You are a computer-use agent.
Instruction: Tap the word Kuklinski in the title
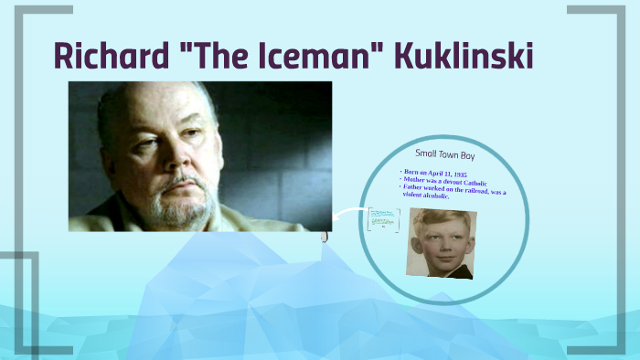[464, 56]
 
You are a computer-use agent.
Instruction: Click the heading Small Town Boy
[445, 154]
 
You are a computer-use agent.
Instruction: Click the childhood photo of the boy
[441, 242]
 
